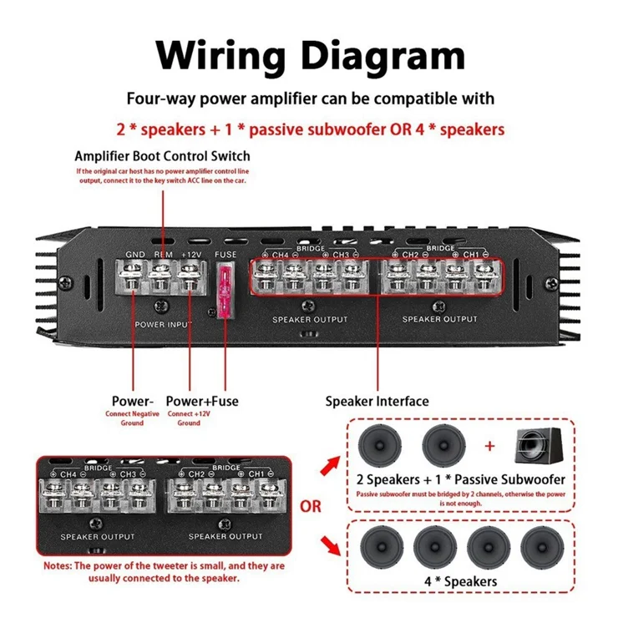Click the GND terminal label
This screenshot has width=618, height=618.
135,255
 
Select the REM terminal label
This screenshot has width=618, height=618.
164,255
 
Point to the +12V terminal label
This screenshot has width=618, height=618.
192,255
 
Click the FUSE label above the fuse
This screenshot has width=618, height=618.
225,255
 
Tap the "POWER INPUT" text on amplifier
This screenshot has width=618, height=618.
163,323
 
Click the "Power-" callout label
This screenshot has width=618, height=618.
133,401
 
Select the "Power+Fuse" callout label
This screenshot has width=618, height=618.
202,401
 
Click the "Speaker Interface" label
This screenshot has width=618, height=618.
377,401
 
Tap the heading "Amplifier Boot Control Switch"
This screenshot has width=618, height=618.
162,156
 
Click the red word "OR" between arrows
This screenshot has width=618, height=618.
310,506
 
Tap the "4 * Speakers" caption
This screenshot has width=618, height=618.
460,581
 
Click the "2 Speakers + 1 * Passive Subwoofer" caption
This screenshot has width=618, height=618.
460,479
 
